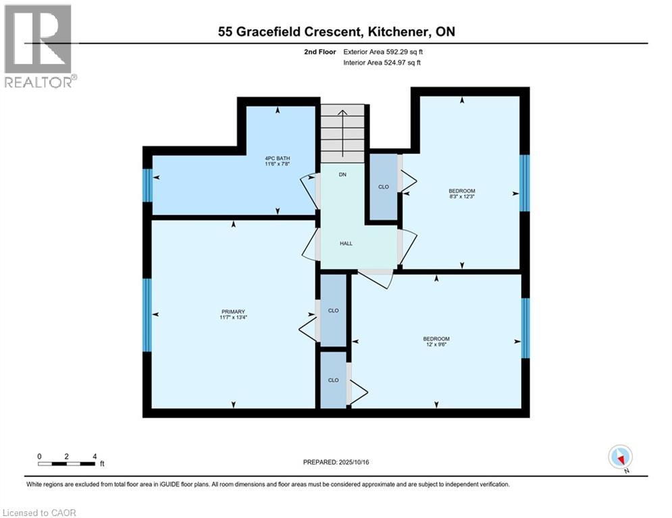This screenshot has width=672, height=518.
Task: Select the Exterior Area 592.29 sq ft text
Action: point(383,51)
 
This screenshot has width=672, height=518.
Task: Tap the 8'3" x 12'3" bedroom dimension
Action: point(462,196)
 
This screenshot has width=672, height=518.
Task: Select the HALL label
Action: point(346,243)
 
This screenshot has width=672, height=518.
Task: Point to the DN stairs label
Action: point(342,175)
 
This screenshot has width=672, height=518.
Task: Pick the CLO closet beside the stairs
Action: point(383,187)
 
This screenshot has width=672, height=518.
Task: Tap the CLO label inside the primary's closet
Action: point(332,310)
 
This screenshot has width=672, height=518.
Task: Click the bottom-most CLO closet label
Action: point(332,380)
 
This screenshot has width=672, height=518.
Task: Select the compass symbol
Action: point(619,457)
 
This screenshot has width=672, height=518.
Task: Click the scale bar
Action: point(66,463)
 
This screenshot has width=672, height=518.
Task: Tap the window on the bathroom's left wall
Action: point(147,185)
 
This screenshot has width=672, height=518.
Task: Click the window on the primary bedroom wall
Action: point(147,315)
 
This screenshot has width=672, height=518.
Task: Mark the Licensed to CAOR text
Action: point(40,513)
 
